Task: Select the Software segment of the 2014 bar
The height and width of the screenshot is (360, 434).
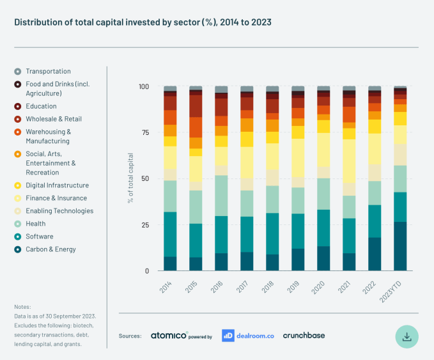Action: point(170,234)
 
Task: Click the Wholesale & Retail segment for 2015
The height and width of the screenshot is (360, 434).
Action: point(196,106)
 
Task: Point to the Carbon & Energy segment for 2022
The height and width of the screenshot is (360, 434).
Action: point(375,254)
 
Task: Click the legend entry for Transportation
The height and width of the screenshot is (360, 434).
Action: point(48,72)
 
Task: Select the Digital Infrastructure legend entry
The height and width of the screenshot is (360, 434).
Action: point(57,185)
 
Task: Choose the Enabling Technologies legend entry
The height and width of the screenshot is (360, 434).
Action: point(59,211)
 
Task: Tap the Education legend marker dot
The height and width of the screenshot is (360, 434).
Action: point(18,106)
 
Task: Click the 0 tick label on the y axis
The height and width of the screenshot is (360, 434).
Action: point(146,270)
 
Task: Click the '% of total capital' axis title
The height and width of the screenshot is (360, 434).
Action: point(130,178)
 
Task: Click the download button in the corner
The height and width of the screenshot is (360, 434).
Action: point(407,335)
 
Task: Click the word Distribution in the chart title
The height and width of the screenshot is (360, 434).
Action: point(35,22)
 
